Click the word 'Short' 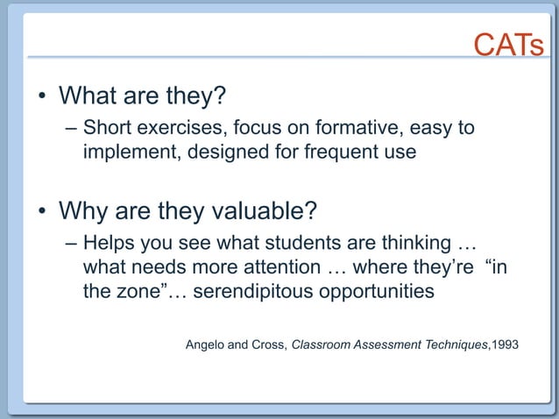108,129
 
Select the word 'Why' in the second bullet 81,212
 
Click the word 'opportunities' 375,292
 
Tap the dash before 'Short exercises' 72,130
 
